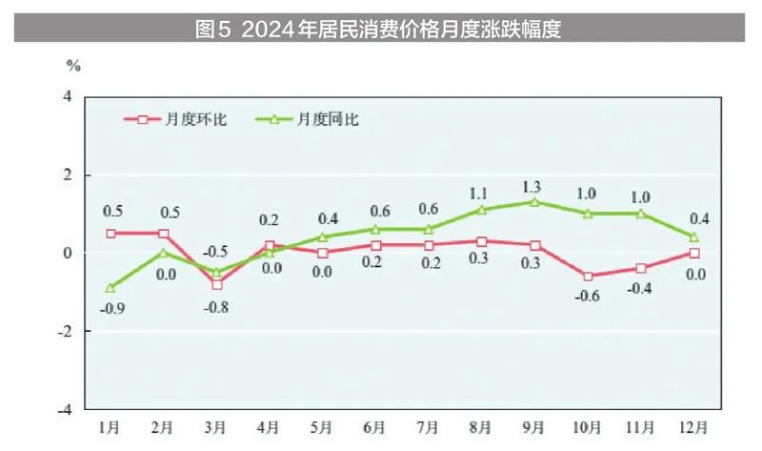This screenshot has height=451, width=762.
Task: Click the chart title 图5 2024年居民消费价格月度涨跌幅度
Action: [378, 30]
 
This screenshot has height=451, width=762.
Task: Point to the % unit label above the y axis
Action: [73, 66]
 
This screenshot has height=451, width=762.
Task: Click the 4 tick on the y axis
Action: [68, 97]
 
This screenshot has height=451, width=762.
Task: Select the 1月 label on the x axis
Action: [110, 426]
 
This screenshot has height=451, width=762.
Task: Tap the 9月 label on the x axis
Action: [535, 426]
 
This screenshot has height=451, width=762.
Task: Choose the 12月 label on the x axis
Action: [694, 426]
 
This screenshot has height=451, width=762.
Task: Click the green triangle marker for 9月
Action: [535, 202]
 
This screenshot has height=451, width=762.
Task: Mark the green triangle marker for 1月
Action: [110, 287]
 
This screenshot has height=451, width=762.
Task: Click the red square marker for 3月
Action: [217, 284]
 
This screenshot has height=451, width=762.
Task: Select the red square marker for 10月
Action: [588, 277]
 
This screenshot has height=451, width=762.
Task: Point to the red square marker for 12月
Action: [694, 253]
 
